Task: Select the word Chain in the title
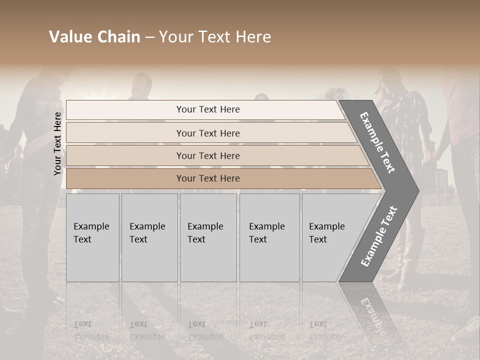pos(119,37)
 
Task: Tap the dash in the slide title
pos(149,37)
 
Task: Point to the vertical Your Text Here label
pos(57,143)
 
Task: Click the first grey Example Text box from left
pos(92,237)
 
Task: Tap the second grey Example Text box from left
pos(149,237)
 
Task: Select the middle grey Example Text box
pos(208,237)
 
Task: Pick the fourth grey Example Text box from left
pos(269,237)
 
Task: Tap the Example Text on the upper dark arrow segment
pos(377,142)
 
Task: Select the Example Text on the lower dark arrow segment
pos(378,236)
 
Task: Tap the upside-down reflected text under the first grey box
pos(91,330)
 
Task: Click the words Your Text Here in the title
pos(215,37)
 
